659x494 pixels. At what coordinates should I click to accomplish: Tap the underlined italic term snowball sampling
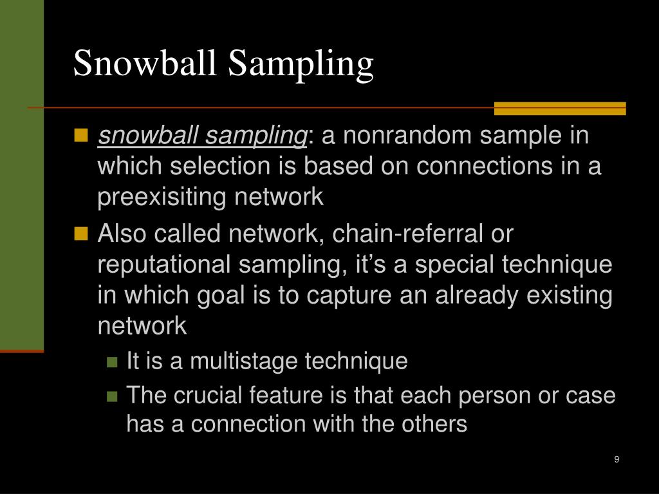coord(202,136)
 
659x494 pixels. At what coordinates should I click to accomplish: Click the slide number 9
coord(617,459)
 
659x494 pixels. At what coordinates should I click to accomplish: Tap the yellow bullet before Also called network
coord(80,233)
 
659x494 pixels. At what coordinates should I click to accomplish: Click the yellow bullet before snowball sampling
coord(80,136)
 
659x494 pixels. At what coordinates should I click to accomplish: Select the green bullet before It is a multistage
coord(113,362)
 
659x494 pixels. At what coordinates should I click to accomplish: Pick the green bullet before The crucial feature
coord(113,395)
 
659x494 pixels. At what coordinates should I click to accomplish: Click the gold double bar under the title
coord(559,108)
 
